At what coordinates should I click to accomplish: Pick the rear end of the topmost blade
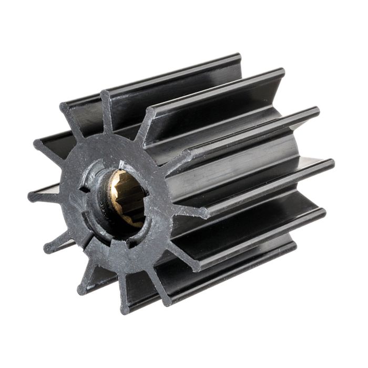[237, 57]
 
